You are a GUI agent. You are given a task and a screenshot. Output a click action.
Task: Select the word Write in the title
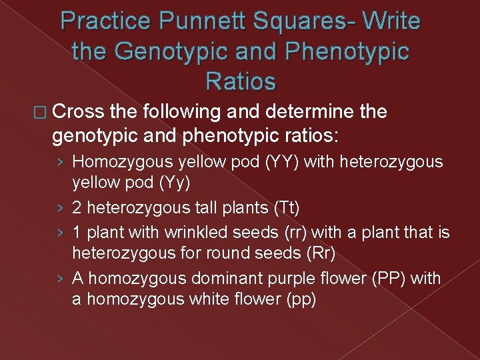point(391,22)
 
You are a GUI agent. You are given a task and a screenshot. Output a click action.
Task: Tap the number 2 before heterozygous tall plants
point(77,207)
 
